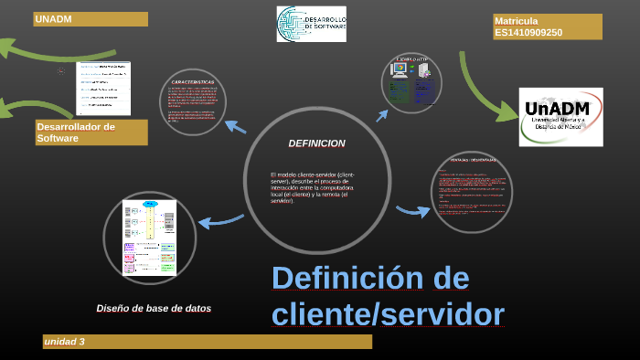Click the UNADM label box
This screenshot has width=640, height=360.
click(x=90, y=19)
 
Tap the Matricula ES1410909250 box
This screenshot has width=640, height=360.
click(x=547, y=26)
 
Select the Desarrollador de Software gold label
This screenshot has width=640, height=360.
click(x=91, y=132)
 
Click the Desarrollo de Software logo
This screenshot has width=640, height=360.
click(x=312, y=24)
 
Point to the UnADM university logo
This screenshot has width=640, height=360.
click(x=560, y=117)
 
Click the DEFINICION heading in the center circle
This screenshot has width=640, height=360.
click(x=316, y=143)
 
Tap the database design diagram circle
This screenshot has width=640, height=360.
click(x=149, y=237)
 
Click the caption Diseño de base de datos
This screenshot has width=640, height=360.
click(x=154, y=309)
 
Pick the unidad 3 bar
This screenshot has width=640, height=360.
click(x=207, y=342)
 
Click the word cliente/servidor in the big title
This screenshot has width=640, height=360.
click(x=388, y=313)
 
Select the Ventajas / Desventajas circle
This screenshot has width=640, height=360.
click(x=472, y=191)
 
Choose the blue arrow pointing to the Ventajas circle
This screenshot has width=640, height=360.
click(x=413, y=211)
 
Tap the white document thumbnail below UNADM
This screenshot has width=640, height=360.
click(x=102, y=89)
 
